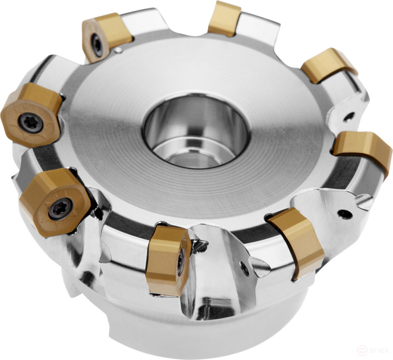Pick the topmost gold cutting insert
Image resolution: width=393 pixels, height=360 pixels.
pyautogui.click(x=224, y=18)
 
